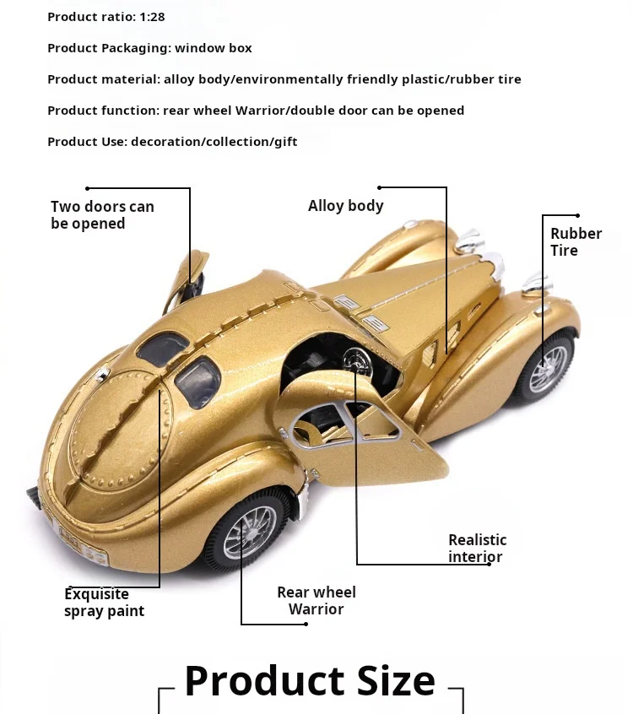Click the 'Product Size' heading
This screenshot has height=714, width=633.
pos(310,680)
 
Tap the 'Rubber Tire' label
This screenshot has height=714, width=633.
pos(576,241)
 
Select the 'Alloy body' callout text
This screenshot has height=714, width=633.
pos(345,206)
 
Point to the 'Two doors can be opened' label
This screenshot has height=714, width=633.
pos(102,215)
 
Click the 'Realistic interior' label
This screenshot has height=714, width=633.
pos(477,548)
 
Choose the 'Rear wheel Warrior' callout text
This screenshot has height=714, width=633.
pos(316,600)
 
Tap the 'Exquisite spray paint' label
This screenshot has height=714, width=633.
pos(104,603)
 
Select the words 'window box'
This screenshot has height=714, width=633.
pos(214,48)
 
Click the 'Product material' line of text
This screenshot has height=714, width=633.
pos(284,79)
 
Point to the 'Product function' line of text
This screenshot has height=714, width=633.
pos(255,111)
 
